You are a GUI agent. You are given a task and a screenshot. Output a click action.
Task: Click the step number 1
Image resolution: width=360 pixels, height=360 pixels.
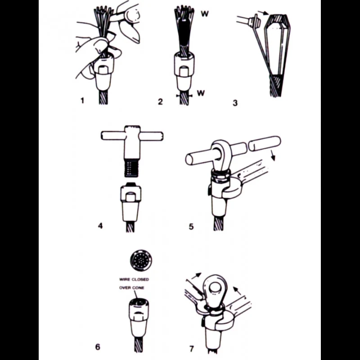pyautogui.click(x=82, y=100)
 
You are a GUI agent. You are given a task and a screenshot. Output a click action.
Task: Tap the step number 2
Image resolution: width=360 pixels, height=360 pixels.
pyautogui.click(x=160, y=102)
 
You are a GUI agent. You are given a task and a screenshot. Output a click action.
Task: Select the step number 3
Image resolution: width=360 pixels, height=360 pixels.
pyautogui.click(x=235, y=103)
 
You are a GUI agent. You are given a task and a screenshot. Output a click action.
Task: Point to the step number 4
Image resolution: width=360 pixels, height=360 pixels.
pyautogui.click(x=100, y=226)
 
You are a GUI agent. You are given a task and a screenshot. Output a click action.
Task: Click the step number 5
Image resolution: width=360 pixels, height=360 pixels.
pyautogui.click(x=191, y=227)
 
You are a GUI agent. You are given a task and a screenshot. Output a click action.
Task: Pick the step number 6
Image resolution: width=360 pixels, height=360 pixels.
pyautogui.click(x=98, y=346)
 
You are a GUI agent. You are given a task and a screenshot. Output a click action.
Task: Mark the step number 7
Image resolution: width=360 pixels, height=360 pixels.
pyautogui.click(x=192, y=349)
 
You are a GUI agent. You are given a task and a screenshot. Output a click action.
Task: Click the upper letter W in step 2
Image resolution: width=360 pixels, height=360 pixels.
pyautogui.click(x=205, y=14)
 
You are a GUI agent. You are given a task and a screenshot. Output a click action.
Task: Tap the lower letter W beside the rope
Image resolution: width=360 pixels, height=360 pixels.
pyautogui.click(x=201, y=93)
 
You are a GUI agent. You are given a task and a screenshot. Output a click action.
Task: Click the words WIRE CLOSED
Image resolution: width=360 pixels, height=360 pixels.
pyautogui.click(x=134, y=279)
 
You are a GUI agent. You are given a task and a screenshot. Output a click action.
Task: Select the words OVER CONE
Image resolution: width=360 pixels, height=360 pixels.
pyautogui.click(x=131, y=288)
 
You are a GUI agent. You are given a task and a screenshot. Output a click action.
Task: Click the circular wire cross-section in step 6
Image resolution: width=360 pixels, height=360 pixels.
pyautogui.click(x=141, y=260)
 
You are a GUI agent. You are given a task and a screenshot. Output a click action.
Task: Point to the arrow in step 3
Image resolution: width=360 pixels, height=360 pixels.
pyautogui.click(x=263, y=13)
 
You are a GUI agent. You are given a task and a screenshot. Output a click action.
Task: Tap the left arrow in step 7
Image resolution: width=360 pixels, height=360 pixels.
pyautogui.click(x=196, y=276)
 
